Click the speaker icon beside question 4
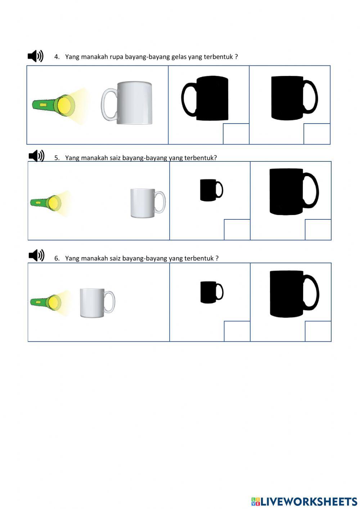[36, 56]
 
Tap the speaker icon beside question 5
[36, 156]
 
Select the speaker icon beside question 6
[36, 255]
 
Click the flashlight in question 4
[54, 105]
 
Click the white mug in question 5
[147, 203]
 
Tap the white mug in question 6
[96, 303]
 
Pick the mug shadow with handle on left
[205, 98]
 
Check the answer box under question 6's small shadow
[237, 331]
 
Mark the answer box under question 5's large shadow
[318, 229]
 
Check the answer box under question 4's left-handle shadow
[236, 134]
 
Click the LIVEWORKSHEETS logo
[304, 501]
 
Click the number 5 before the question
[57, 158]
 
